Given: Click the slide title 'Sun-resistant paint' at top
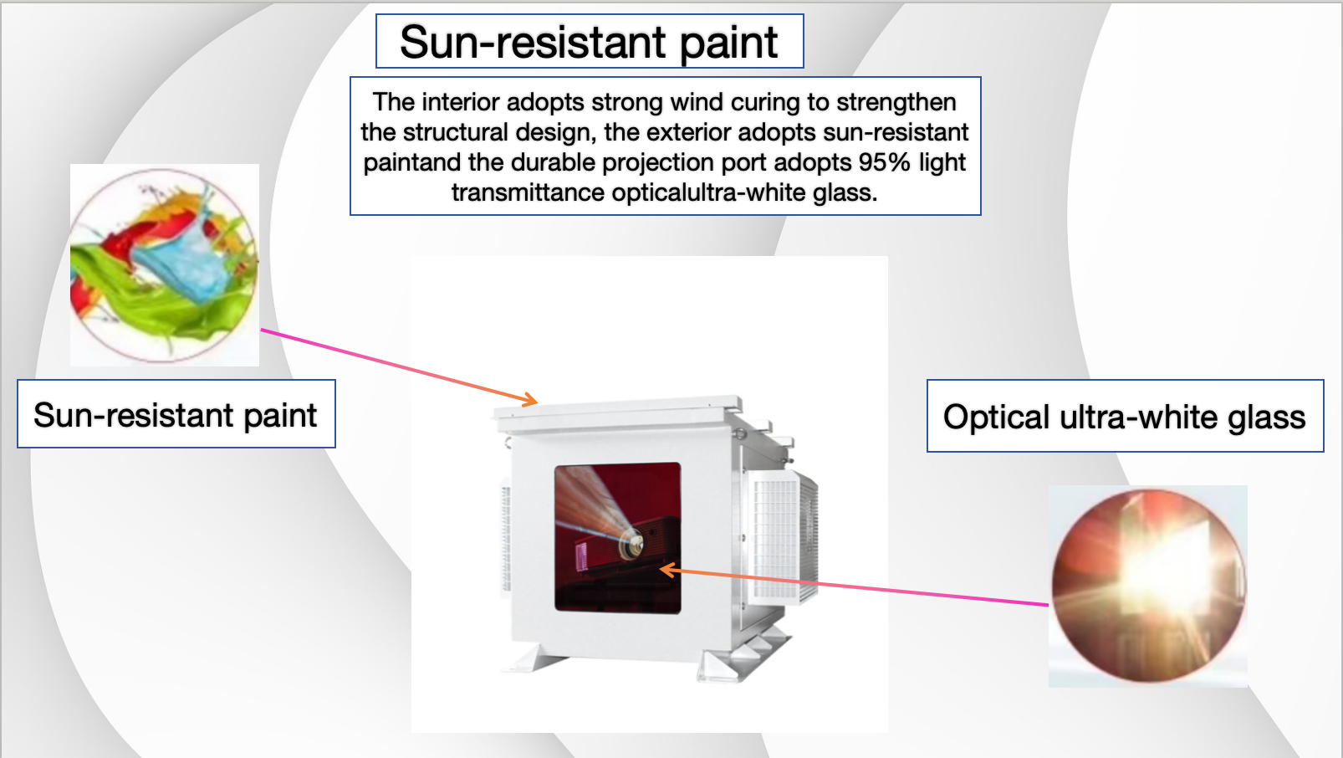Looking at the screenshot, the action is pyautogui.click(x=590, y=41).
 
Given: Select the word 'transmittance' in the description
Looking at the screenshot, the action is pyautogui.click(x=528, y=192).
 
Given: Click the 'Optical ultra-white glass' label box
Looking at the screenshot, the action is pyautogui.click(x=1125, y=416).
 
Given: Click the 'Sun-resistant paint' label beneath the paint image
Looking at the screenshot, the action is pyautogui.click(x=176, y=414).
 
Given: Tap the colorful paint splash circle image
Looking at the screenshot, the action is pyautogui.click(x=164, y=265).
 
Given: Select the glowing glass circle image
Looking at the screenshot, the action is pyautogui.click(x=1148, y=586).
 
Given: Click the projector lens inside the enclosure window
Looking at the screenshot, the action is pyautogui.click(x=631, y=544).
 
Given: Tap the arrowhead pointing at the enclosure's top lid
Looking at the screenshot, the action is pyautogui.click(x=529, y=400).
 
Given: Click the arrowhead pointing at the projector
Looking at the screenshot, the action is pyautogui.click(x=668, y=569).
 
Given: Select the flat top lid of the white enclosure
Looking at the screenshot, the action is pyautogui.click(x=617, y=413).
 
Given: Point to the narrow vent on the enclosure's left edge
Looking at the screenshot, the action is pyautogui.click(x=505, y=537).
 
